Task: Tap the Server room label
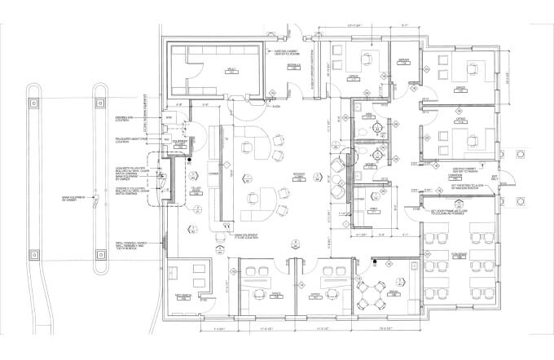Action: point(402,61)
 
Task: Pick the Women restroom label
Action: point(371,165)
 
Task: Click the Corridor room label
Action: point(456,175)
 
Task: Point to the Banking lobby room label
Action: point(299,174)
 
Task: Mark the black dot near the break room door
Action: point(375,261)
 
